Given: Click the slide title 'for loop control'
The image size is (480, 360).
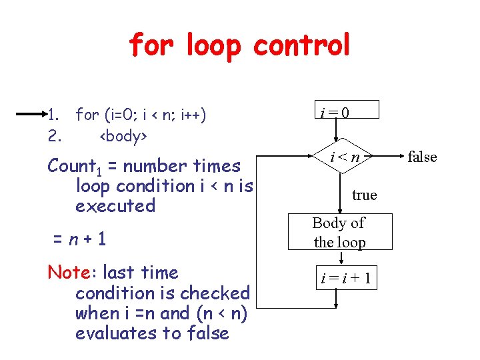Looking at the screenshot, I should coord(239,45).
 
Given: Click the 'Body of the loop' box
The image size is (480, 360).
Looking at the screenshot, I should coord(339,232).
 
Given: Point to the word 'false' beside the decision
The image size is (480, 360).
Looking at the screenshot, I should coord(422,157).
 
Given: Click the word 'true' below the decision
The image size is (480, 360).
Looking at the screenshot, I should coord(364,195).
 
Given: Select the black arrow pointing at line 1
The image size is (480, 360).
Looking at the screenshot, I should coord(29,115).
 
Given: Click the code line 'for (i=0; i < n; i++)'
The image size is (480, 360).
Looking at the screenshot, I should coord(141,115).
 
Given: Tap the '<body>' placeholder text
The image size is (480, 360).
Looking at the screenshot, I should coord(123,136).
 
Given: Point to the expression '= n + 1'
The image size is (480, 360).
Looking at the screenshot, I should coord(79,239).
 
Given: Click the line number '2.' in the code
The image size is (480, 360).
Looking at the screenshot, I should coord(55,136).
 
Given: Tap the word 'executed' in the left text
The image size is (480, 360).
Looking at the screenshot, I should coord(115,206).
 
